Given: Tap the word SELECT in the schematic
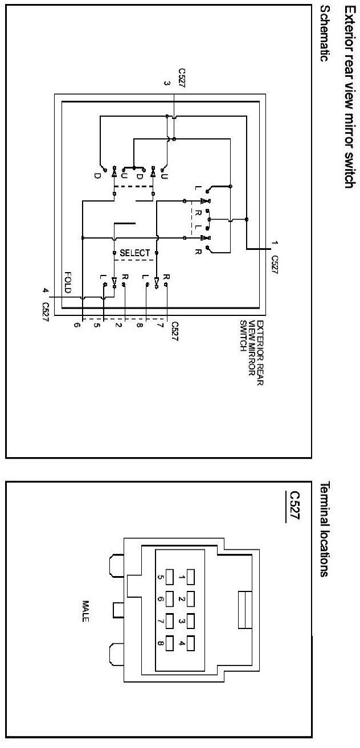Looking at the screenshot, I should tap(135, 252).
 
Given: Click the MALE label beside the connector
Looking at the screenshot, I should tap(86, 611).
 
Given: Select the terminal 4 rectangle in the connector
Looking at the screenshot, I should tap(190, 643).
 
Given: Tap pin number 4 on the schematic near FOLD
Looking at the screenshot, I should tap(44, 291).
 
